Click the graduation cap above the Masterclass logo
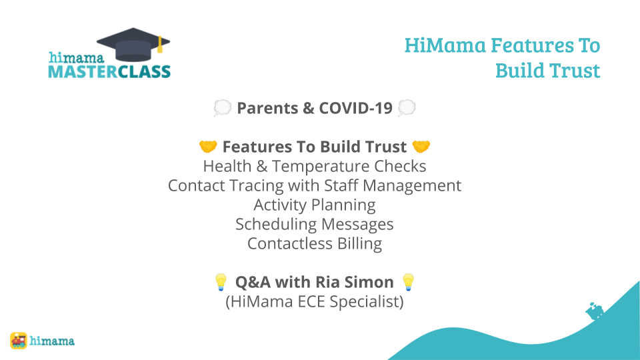coord(133,45)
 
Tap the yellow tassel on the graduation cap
coord(160,45)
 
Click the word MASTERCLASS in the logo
coord(109,72)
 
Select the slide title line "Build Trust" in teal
coord(548,70)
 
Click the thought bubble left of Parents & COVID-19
coord(223,108)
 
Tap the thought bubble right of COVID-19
coord(407,108)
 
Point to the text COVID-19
coord(355,108)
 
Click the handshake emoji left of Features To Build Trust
coord(208,147)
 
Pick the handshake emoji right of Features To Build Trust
coord(421,147)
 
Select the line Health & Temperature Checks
coord(315,166)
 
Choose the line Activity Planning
coord(315,205)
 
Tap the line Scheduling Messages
coord(315,224)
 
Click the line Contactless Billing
coord(315,244)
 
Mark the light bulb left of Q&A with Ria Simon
coord(221,282)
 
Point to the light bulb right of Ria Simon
coord(408,282)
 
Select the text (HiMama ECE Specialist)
coord(315,301)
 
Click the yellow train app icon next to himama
coord(19,341)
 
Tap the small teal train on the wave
coord(595,311)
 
